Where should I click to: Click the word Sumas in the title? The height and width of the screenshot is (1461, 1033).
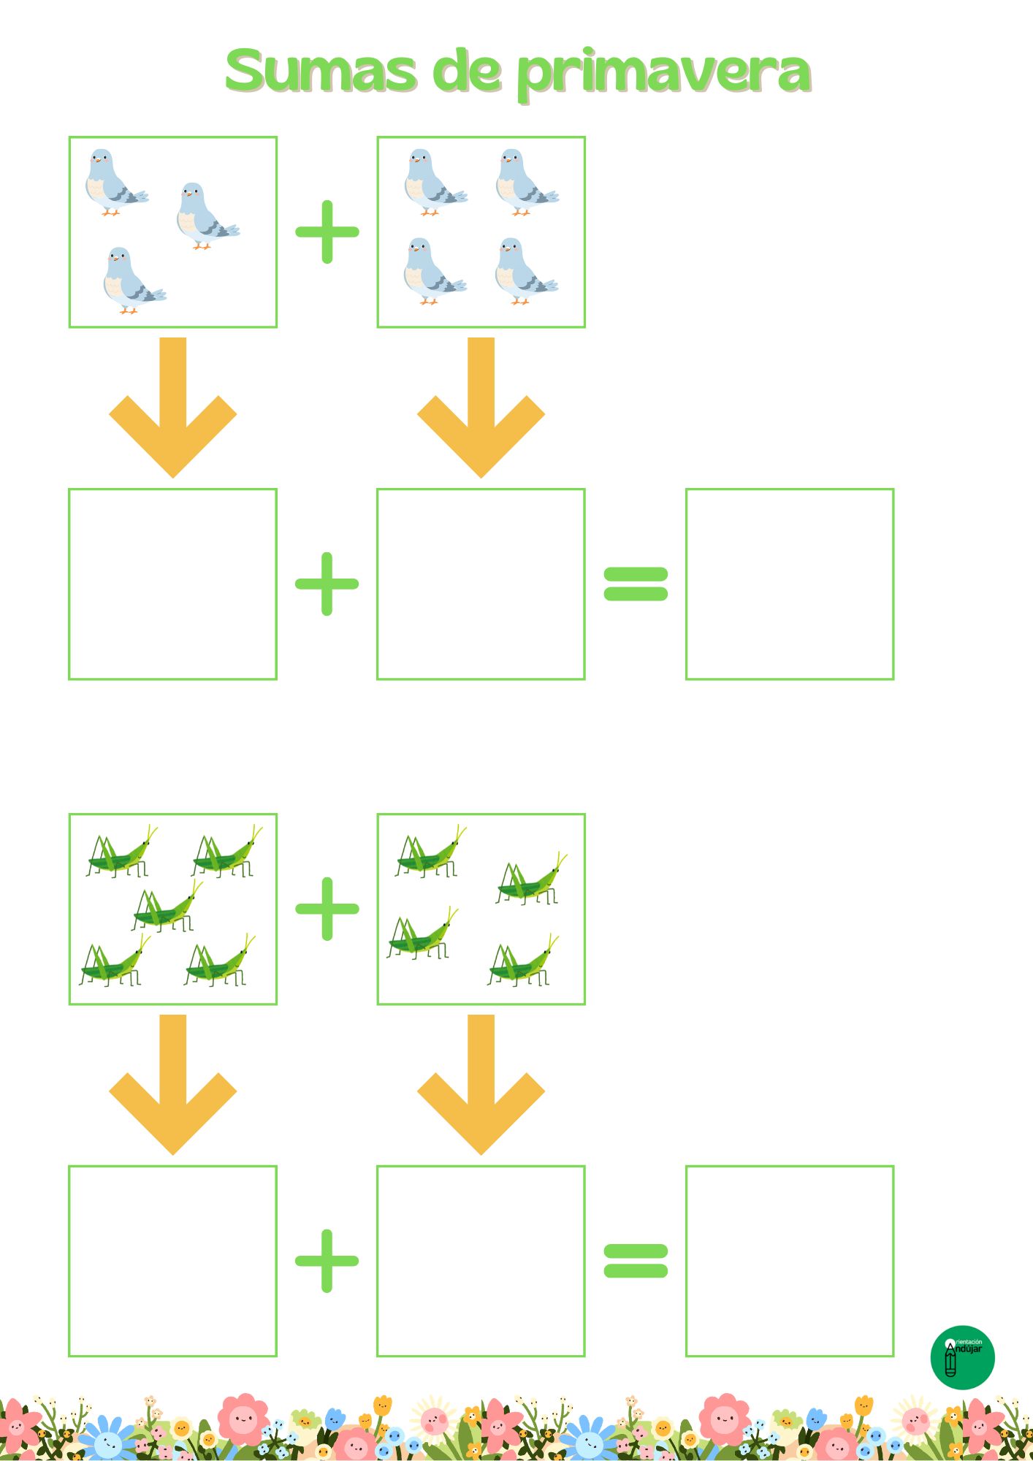point(321,71)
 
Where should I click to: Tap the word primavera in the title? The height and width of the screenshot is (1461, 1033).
point(664,74)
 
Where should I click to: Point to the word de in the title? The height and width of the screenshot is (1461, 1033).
point(468,71)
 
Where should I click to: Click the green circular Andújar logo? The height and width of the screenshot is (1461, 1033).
point(962,1357)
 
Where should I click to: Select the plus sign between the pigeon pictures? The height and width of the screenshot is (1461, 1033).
point(327,232)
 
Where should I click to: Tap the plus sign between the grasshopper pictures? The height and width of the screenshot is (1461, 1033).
point(327,909)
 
